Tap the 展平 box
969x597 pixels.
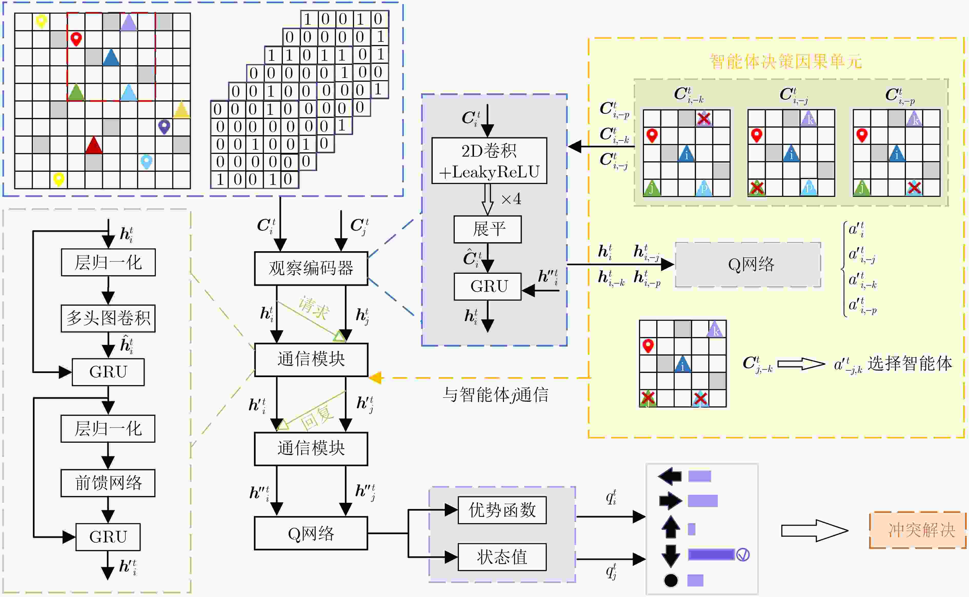tap(488, 229)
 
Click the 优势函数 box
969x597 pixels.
tap(502, 510)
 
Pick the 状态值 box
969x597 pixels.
tap(502, 557)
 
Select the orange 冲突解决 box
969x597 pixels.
tap(918, 530)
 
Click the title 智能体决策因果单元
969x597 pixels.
tap(786, 62)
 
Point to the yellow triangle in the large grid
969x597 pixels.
tap(182, 110)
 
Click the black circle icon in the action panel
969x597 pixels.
tap(671, 580)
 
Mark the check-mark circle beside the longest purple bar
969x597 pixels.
tap(743, 555)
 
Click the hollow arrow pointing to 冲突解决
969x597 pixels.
tap(815, 530)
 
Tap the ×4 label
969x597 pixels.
tap(511, 199)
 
